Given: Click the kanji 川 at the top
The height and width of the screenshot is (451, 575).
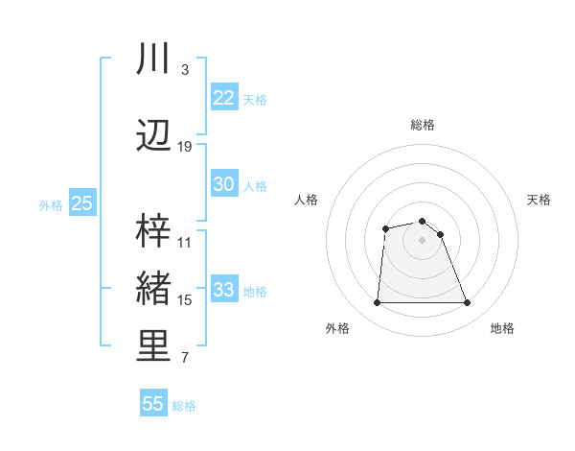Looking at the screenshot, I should tap(153, 59).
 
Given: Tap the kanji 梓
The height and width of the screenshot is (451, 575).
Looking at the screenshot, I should tap(153, 230).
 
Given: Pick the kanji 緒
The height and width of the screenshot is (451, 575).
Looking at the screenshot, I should tap(153, 289).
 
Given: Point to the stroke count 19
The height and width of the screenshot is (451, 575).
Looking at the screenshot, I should tap(185, 147).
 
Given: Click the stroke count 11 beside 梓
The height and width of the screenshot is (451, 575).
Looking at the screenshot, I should tap(185, 243).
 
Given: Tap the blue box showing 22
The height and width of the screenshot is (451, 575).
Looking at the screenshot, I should tap(223, 98).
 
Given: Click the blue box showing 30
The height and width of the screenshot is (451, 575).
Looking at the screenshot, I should tap(223, 184).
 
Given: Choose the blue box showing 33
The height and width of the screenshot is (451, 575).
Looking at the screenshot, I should tap(223, 290).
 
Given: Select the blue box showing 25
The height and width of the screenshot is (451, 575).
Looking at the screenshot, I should tap(81, 203).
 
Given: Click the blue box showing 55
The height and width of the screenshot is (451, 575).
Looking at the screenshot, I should tap(153, 404).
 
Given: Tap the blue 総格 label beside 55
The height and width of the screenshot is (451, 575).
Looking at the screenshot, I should tap(184, 406).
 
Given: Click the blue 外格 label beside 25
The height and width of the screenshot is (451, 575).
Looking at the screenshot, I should tap(51, 204).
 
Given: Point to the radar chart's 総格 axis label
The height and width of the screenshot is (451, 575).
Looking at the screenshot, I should tap(422, 125).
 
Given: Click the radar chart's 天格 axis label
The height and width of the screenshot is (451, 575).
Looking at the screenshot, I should tap(540, 200).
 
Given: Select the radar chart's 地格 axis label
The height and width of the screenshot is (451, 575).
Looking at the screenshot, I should tap(502, 328).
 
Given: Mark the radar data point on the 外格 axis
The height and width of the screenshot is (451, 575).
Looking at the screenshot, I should tap(377, 303).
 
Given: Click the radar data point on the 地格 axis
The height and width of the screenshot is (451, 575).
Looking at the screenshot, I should tap(468, 303).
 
